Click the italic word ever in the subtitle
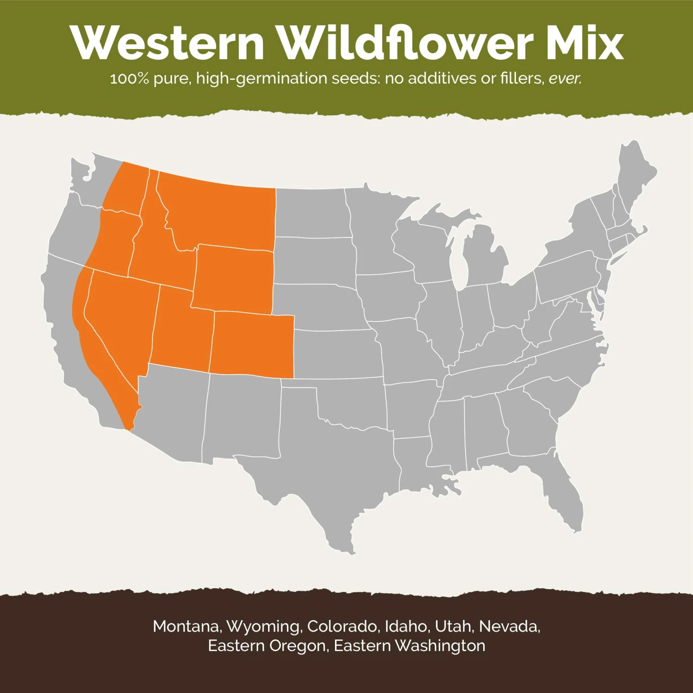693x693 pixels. coord(565,79)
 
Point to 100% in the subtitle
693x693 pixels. coord(129,79)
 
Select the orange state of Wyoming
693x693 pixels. coord(233,280)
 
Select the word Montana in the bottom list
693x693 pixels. coord(187,626)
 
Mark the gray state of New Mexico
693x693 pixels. coord(243,416)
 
